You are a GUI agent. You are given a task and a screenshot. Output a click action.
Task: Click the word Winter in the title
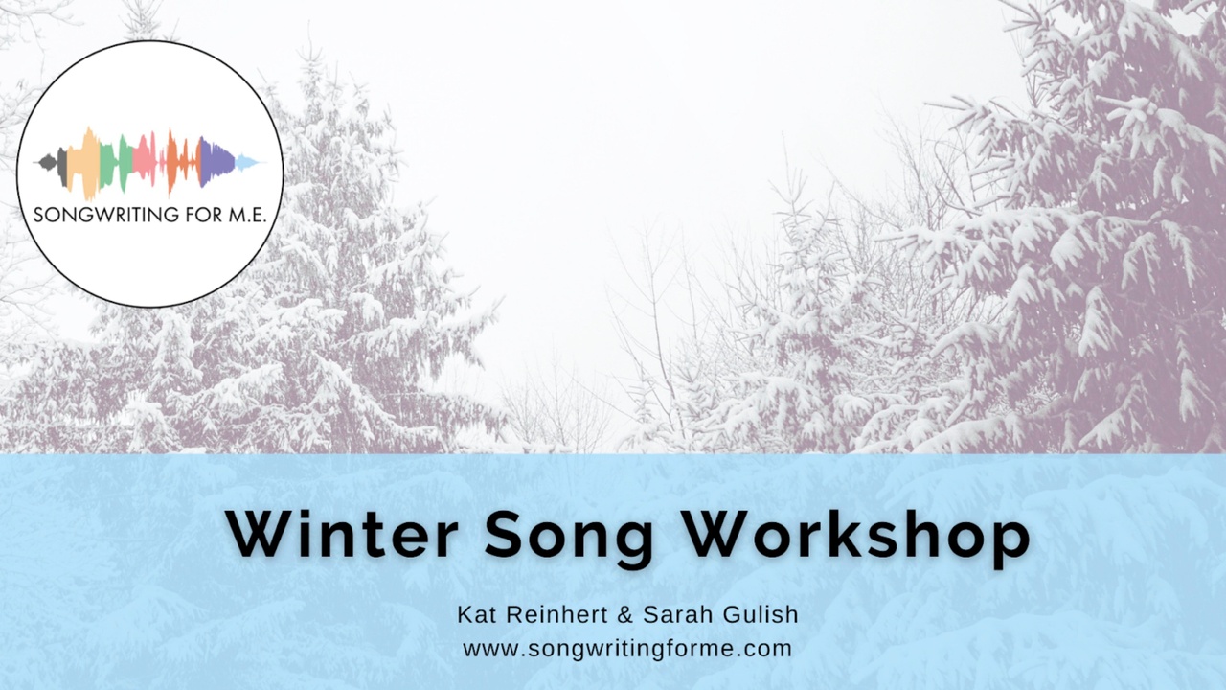pos(343,534)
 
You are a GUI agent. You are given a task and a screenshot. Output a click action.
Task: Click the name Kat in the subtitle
pos(477,614)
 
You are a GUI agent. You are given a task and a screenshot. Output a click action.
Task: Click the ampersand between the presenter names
pos(624,614)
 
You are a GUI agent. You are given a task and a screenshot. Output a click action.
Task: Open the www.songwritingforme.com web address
pos(627,650)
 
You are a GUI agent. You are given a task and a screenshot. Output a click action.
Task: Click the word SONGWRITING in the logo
pos(105,215)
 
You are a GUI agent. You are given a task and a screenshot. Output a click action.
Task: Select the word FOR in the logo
pos(204,215)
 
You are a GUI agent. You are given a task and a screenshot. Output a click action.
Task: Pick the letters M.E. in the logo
pos(247,215)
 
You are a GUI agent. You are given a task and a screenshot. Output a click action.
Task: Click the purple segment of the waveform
pos(216,162)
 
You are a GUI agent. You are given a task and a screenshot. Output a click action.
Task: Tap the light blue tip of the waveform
pos(247,162)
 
